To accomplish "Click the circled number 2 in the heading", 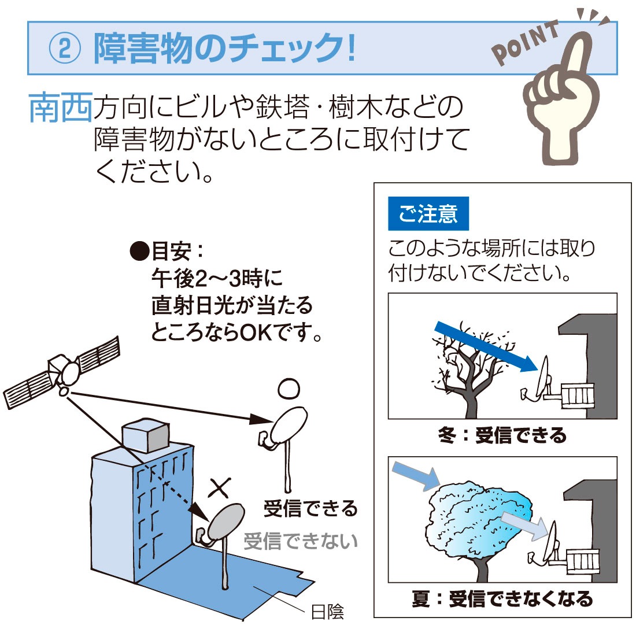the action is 65,48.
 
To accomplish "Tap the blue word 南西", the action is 61,108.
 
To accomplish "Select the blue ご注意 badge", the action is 428,214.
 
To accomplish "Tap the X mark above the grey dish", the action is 220,487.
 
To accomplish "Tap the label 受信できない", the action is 301,542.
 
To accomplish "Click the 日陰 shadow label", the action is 327,612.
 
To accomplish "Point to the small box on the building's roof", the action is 146,435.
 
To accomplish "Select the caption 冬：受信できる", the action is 502,435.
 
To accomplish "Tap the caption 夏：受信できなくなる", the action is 502,598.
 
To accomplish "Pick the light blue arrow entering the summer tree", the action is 416,475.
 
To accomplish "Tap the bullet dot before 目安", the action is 139,251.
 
